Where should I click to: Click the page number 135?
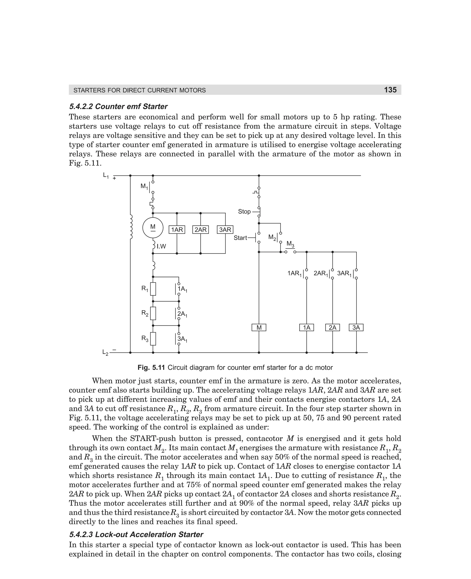click(x=390, y=90)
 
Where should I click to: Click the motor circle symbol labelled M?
click(x=153, y=228)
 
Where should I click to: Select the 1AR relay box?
click(x=177, y=230)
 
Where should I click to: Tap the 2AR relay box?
click(x=201, y=230)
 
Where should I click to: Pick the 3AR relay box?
click(x=225, y=230)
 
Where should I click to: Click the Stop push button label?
click(x=244, y=211)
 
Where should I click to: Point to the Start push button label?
click(x=240, y=238)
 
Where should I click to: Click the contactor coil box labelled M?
click(x=259, y=328)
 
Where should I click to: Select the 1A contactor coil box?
click(x=307, y=328)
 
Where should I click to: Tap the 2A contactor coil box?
click(x=332, y=328)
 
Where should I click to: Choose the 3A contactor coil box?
click(x=356, y=328)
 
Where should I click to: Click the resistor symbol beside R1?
click(x=153, y=289)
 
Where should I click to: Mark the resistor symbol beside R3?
click(x=153, y=339)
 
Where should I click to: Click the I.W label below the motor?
click(x=161, y=246)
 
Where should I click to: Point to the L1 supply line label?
click(x=106, y=176)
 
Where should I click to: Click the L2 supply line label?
click(x=105, y=353)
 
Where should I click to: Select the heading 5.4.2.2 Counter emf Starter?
click(x=118, y=106)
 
